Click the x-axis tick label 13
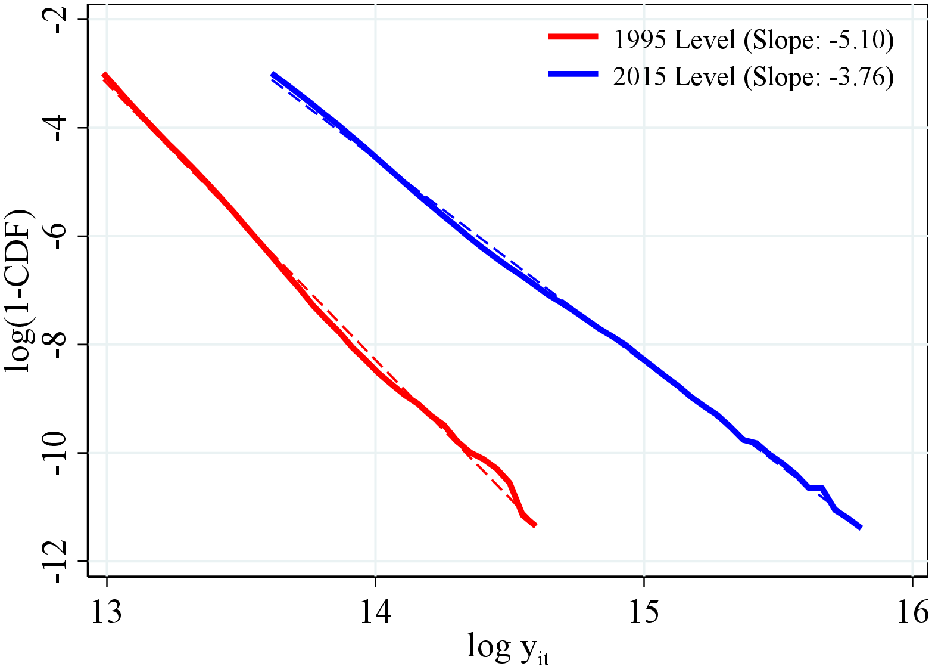pyautogui.click(x=107, y=612)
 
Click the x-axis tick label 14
pyautogui.click(x=375, y=612)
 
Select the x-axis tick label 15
pyautogui.click(x=644, y=612)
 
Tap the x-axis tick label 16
pyautogui.click(x=912, y=612)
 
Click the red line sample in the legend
pyautogui.click(x=572, y=37)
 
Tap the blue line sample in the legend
pyautogui.click(x=572, y=74)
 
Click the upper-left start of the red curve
pyautogui.click(x=104, y=75)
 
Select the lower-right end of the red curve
pyautogui.click(x=535, y=525)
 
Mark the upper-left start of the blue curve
pyautogui.click(x=272, y=75)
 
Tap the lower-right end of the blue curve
pyautogui.click(x=861, y=527)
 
